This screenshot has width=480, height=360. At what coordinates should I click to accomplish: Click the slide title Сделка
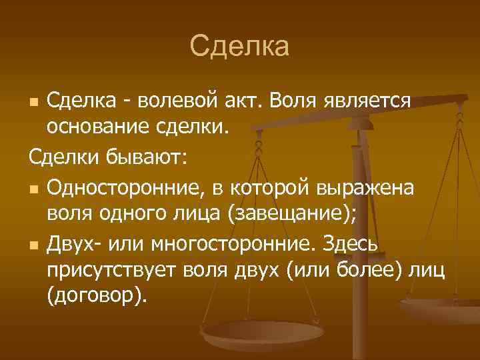click(239, 47)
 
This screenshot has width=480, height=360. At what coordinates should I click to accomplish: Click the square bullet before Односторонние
click(33, 190)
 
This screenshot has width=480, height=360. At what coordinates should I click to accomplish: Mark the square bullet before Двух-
click(33, 245)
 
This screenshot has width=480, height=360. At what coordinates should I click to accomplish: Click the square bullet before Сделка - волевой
click(33, 102)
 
